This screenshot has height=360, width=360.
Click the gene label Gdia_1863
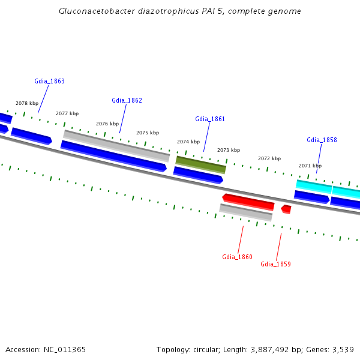click(50, 81)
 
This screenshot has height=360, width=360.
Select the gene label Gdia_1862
click(127, 100)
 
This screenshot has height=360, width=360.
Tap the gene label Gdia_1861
click(210, 119)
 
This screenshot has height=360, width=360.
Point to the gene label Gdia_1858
click(322, 140)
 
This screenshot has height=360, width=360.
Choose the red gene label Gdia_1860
click(237, 257)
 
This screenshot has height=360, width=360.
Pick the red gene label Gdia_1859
click(275, 264)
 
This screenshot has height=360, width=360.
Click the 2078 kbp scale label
click(27, 103)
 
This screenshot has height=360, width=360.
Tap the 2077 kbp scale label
click(67, 113)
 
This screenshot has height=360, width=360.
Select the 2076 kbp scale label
click(107, 124)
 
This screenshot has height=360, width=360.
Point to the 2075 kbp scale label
click(148, 133)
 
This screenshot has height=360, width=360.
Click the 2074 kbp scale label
click(188, 142)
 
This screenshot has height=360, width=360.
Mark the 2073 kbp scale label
click(229, 150)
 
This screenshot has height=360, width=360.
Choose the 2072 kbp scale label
click(269, 158)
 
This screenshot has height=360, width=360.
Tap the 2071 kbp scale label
click(310, 166)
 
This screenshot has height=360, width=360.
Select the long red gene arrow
click(248, 202)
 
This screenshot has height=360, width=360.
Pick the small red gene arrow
click(286, 209)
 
